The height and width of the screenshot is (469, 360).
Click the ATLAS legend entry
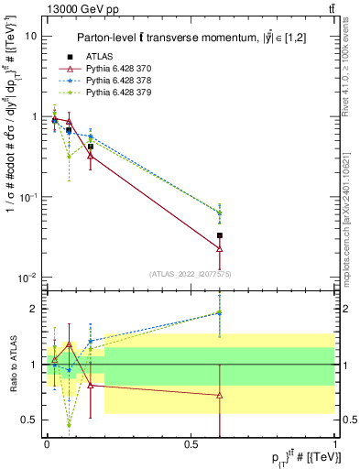pyautogui.click(x=95, y=57)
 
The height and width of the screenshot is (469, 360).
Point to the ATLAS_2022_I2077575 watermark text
pyautogui.click(x=188, y=274)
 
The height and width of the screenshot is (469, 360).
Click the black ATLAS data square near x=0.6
pyautogui.click(x=219, y=235)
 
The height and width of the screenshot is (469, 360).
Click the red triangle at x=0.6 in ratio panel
pyautogui.click(x=219, y=395)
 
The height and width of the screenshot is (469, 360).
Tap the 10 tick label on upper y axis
pyautogui.click(x=31, y=37)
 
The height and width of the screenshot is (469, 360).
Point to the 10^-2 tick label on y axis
pyautogui.click(x=28, y=278)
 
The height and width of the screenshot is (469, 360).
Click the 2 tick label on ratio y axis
pyautogui.click(x=34, y=309)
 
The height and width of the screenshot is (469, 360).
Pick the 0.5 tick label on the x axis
pyautogui.click(x=191, y=442)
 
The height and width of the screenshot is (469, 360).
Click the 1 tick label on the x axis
pyautogui.click(x=334, y=442)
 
